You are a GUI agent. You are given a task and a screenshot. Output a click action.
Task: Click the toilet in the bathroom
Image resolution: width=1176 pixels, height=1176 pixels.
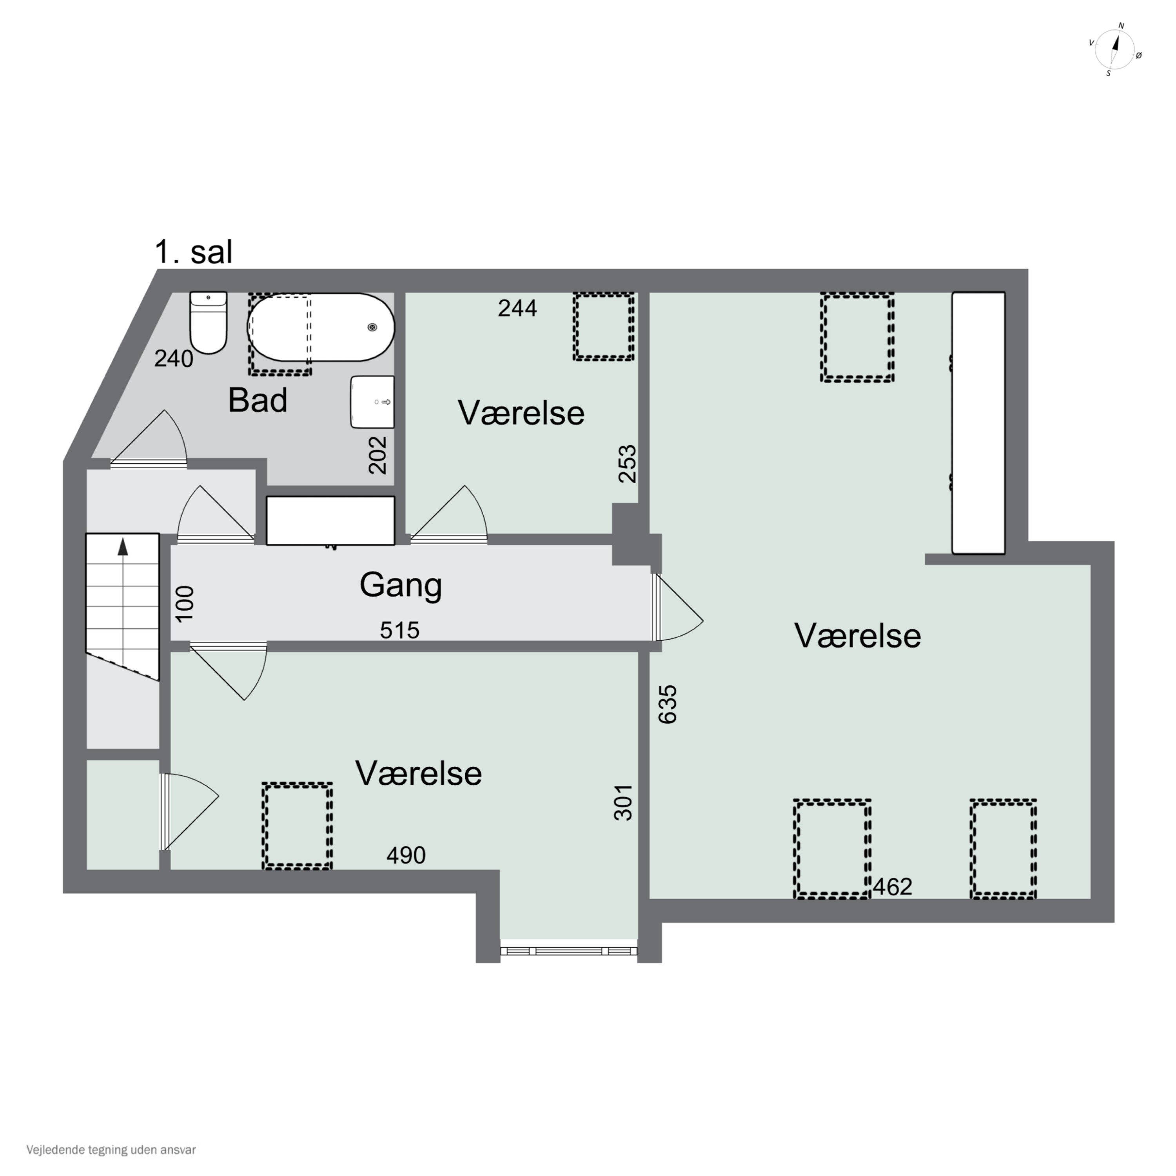[x=208, y=323]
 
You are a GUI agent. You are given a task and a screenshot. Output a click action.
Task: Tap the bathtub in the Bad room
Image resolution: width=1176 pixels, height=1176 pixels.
[x=321, y=327]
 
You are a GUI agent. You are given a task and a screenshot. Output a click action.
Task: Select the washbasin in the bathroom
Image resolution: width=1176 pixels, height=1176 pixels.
[x=372, y=402]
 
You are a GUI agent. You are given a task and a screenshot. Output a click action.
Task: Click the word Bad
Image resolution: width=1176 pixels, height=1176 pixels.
[x=258, y=401]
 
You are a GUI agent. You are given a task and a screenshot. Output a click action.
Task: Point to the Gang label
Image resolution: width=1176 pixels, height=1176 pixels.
[x=401, y=586]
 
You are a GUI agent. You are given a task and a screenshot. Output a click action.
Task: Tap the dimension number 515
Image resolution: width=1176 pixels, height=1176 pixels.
[x=400, y=630]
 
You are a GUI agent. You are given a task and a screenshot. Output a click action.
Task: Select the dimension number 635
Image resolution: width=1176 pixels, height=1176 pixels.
[x=668, y=704]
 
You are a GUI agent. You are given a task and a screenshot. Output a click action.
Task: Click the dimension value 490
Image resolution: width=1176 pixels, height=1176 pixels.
[x=406, y=855]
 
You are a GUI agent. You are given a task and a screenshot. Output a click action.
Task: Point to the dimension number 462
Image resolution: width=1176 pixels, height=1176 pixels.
[x=892, y=887]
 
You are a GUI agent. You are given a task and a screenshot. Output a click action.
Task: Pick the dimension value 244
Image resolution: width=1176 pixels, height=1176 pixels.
[x=517, y=309]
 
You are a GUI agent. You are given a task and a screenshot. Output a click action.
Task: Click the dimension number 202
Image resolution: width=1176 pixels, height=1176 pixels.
[x=378, y=455]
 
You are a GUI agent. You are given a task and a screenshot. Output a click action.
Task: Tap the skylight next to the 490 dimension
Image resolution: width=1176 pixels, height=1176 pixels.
[x=297, y=826]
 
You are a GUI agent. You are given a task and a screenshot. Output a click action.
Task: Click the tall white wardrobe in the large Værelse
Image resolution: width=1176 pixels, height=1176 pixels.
[x=978, y=423]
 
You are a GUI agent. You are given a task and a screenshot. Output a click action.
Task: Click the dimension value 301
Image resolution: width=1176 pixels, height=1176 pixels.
[x=623, y=802]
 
